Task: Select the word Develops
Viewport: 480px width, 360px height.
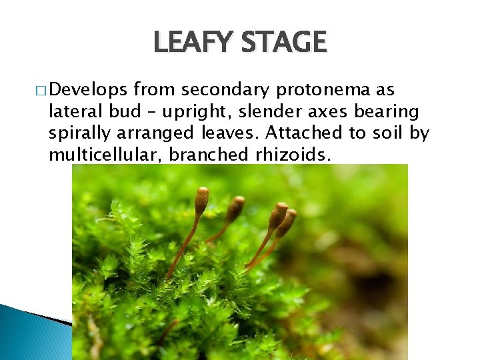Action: point(89,91)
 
